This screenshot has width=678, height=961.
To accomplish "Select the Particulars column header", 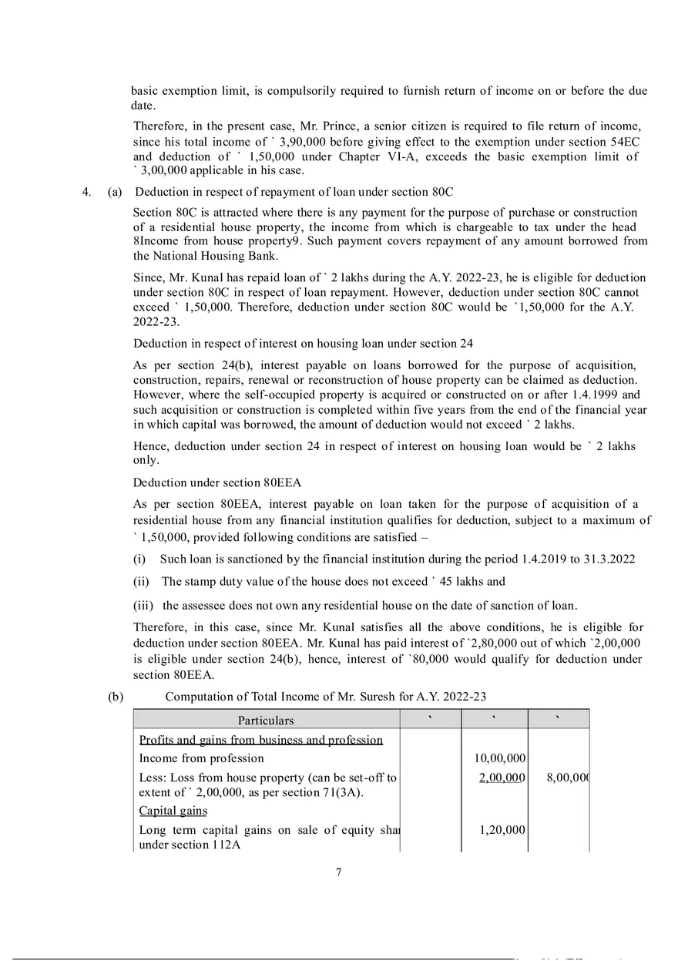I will [x=266, y=721].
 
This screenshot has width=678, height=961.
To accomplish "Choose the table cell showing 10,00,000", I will [x=499, y=758].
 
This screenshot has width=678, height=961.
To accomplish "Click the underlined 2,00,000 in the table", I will [x=502, y=778].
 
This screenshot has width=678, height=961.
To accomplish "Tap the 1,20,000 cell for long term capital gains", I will [x=502, y=830].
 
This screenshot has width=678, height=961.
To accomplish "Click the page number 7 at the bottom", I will [x=339, y=872].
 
